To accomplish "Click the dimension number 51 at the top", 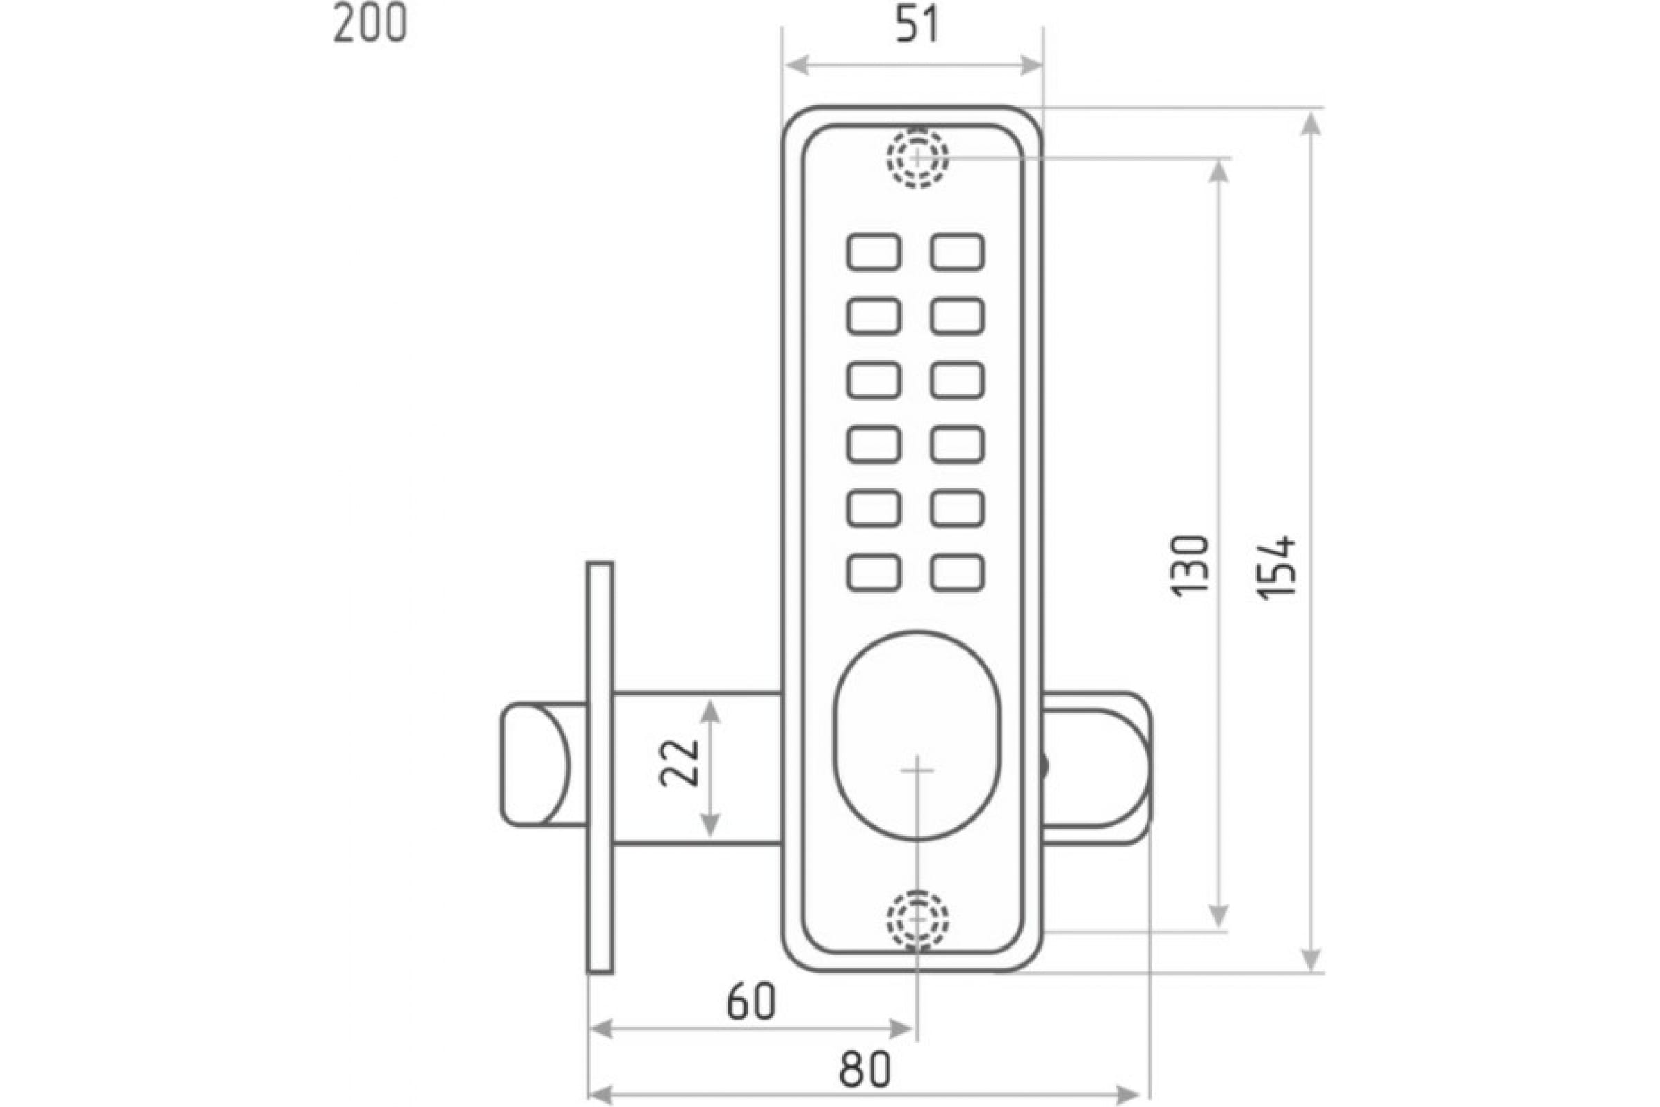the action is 918,26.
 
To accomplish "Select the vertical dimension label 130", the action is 1190,566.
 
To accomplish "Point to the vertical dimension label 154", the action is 1278,568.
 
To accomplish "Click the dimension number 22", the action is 679,762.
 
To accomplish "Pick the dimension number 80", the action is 865,1070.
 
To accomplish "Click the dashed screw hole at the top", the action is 917,158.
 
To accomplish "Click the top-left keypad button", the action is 874,252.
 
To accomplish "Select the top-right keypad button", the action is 957,252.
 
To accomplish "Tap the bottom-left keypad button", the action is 874,573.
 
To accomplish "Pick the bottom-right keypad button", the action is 957,573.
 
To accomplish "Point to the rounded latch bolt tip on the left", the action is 535,765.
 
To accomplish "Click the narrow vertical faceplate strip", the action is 600,768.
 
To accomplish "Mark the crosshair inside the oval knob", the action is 917,769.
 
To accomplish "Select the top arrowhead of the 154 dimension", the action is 1311,122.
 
